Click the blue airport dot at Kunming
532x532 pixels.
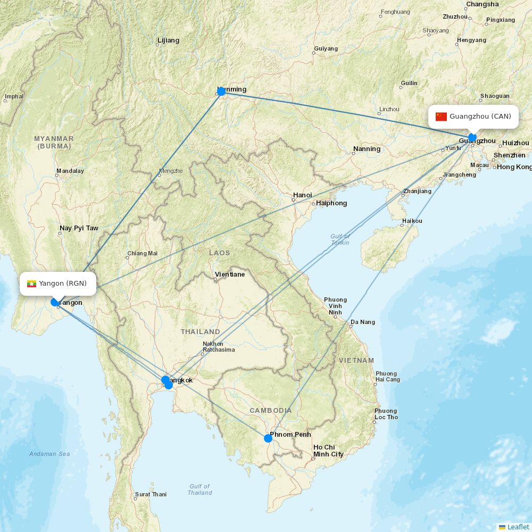point(221,92)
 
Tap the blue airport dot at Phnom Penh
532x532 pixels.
point(268,438)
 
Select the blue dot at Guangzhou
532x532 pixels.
point(472,137)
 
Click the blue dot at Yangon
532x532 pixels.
point(55,302)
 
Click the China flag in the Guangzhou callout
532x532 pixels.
point(441,117)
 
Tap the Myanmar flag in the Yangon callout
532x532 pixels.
point(31,284)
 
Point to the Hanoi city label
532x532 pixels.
point(302,195)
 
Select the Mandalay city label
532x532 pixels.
point(70,171)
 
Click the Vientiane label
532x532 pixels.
point(230,275)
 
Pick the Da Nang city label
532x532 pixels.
point(363,322)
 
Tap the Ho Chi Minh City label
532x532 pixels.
point(328,451)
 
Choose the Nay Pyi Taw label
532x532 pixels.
point(79,228)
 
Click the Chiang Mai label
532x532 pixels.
point(143,254)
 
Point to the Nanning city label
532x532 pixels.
point(367,149)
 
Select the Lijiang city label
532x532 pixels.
point(169,40)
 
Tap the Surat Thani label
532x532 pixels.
point(151,494)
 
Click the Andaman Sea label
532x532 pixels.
point(49,454)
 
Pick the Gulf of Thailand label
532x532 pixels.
point(199,489)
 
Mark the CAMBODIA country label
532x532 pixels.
point(271,411)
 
